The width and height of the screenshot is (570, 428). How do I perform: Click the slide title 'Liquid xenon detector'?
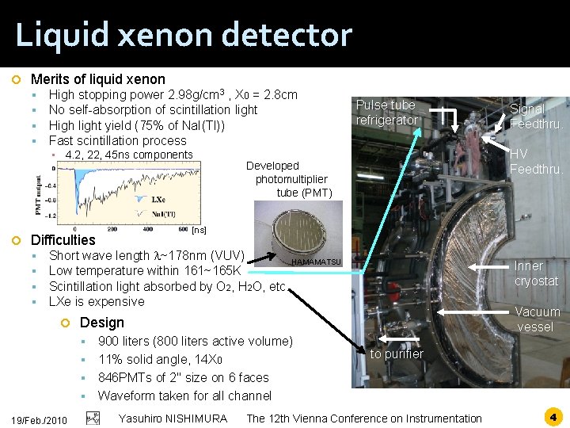tap(183, 35)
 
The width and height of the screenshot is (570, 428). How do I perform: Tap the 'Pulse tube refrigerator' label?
tap(386, 113)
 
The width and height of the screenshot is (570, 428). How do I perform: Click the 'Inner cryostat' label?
tap(536, 273)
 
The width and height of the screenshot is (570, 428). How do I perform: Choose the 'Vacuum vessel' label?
tap(537, 319)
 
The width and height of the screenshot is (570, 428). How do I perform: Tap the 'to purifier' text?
tap(397, 353)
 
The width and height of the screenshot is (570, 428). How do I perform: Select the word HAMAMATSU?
tap(316, 262)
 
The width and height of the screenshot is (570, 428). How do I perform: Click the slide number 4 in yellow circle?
tap(552, 415)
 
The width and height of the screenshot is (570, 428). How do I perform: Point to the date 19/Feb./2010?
tap(40, 419)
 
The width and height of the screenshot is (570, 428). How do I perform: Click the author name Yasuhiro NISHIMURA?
tap(173, 418)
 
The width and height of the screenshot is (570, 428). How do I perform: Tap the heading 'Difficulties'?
tap(63, 239)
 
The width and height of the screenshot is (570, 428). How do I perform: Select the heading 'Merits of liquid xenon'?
tap(97, 78)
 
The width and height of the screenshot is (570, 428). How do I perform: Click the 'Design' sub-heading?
tap(101, 323)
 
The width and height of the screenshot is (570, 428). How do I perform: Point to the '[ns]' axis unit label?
tap(199, 230)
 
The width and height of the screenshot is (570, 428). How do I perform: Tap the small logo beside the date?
tap(93, 418)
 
